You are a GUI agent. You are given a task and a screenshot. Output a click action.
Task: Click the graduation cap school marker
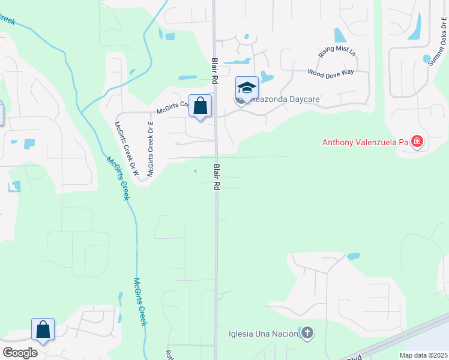pyautogui.click(x=247, y=88)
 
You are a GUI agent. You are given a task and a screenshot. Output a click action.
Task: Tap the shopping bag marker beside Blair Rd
pyautogui.click(x=200, y=106)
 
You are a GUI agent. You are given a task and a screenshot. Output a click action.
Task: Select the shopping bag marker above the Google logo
pyautogui.click(x=43, y=329)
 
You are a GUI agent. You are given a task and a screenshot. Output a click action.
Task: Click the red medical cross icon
pyautogui.click(x=417, y=143)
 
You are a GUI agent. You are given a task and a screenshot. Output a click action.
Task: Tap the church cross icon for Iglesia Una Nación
pyautogui.click(x=307, y=333)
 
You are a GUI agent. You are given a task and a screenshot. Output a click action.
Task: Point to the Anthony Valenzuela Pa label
pyautogui.click(x=365, y=143)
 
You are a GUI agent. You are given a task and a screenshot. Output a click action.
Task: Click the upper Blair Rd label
pyautogui.click(x=214, y=71)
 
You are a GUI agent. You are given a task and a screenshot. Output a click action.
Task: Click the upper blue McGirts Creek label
pyautogui.click(x=118, y=178)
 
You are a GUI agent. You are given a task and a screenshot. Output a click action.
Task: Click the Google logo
pyautogui.click(x=20, y=353)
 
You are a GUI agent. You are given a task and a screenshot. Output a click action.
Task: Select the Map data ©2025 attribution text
pyautogui.click(x=423, y=355)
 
